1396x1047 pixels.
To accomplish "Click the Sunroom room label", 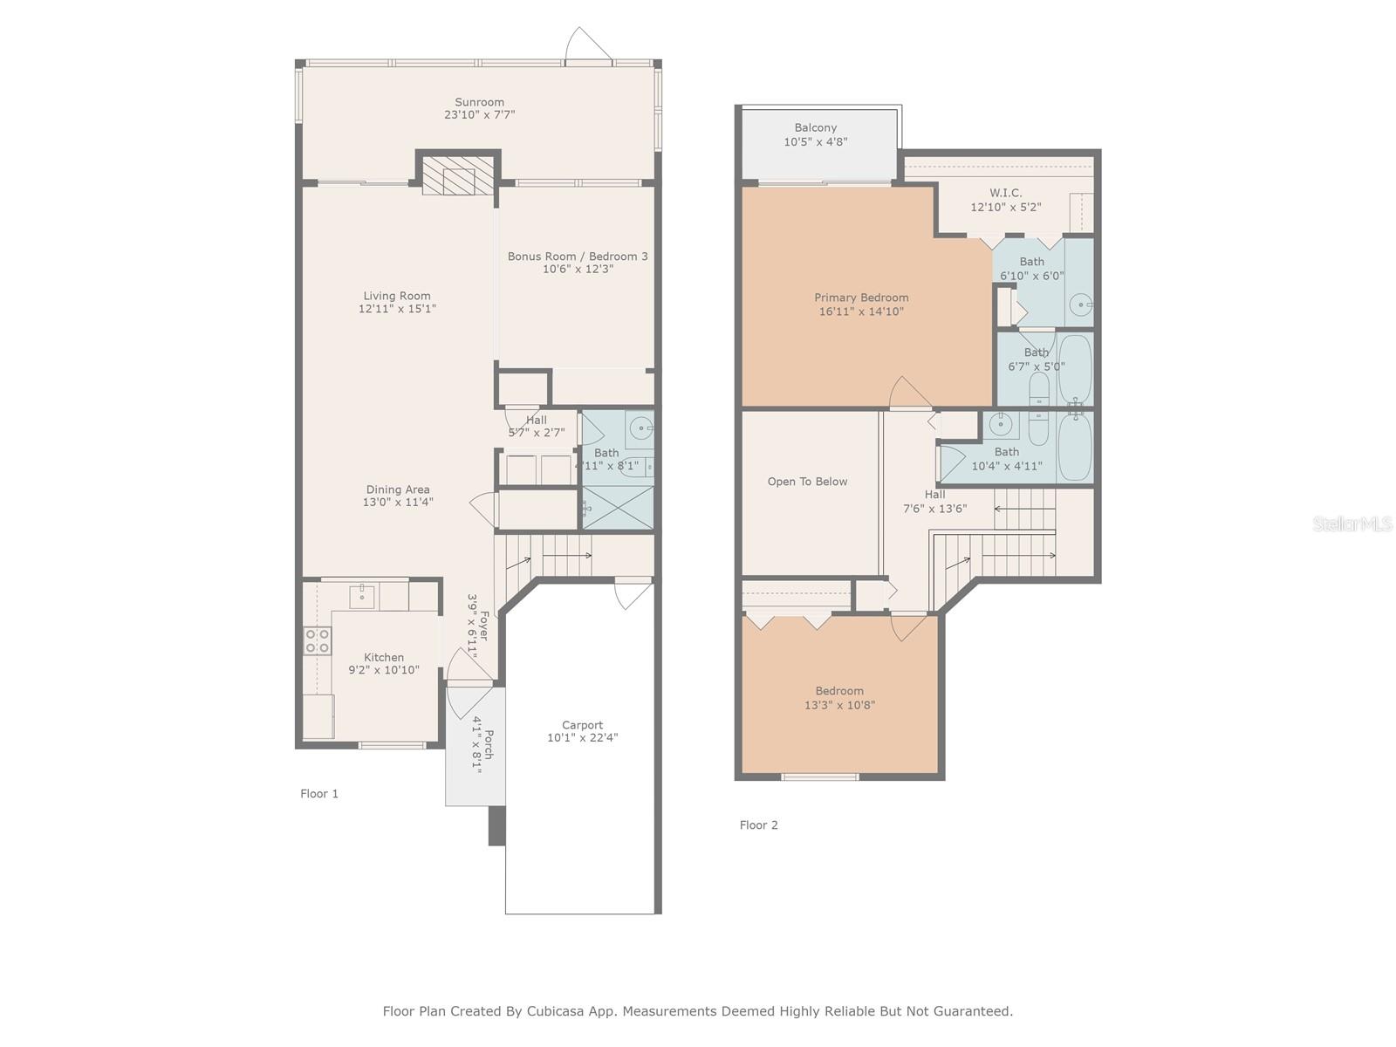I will pyautogui.click(x=479, y=102).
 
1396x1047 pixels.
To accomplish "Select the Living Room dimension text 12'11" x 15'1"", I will pyautogui.click(x=397, y=309).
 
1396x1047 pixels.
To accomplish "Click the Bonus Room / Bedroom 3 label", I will pyautogui.click(x=578, y=257).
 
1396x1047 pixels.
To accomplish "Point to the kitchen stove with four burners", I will pyautogui.click(x=317, y=641).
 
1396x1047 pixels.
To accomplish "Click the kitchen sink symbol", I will pyautogui.click(x=362, y=597).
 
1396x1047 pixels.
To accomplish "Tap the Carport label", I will pyautogui.click(x=582, y=725).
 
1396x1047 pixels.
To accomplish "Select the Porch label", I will pyautogui.click(x=489, y=744).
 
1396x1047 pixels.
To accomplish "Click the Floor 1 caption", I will pyautogui.click(x=319, y=794).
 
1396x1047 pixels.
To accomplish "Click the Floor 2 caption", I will pyautogui.click(x=758, y=825).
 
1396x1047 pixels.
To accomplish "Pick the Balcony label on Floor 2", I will pyautogui.click(x=816, y=127).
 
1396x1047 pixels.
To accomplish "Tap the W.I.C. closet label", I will pyautogui.click(x=1006, y=193).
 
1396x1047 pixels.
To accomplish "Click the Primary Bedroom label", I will pyautogui.click(x=861, y=298).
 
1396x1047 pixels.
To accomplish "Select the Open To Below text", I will pyautogui.click(x=807, y=482).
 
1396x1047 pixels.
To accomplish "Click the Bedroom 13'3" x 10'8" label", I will pyautogui.click(x=839, y=691).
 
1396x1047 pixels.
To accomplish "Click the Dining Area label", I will pyautogui.click(x=397, y=489).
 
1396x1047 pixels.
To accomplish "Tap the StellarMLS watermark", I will pyautogui.click(x=1352, y=523).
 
